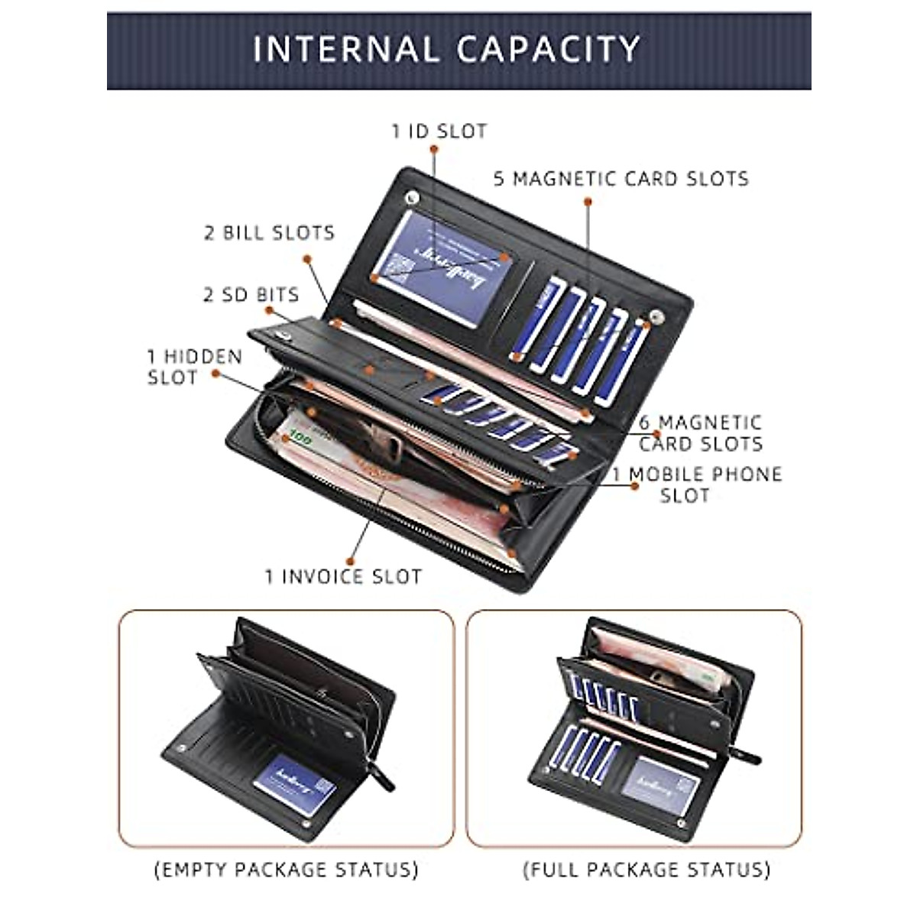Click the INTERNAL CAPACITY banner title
(x=446, y=49)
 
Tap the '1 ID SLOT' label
(x=439, y=131)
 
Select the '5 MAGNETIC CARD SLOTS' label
(x=621, y=179)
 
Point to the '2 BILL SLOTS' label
(x=269, y=233)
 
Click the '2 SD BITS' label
(x=251, y=295)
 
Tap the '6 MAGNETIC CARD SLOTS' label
(x=701, y=433)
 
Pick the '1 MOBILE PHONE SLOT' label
(x=696, y=484)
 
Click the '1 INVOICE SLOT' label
(x=343, y=576)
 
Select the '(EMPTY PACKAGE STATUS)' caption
(x=287, y=869)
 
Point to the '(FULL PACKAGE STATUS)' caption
(x=646, y=869)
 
